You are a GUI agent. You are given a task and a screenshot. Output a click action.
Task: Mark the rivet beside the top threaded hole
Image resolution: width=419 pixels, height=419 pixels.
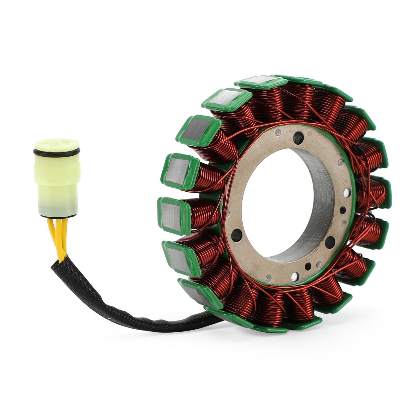tap(278, 133)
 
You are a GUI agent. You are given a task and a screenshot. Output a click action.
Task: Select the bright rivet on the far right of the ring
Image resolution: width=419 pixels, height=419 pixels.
tap(347, 192)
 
